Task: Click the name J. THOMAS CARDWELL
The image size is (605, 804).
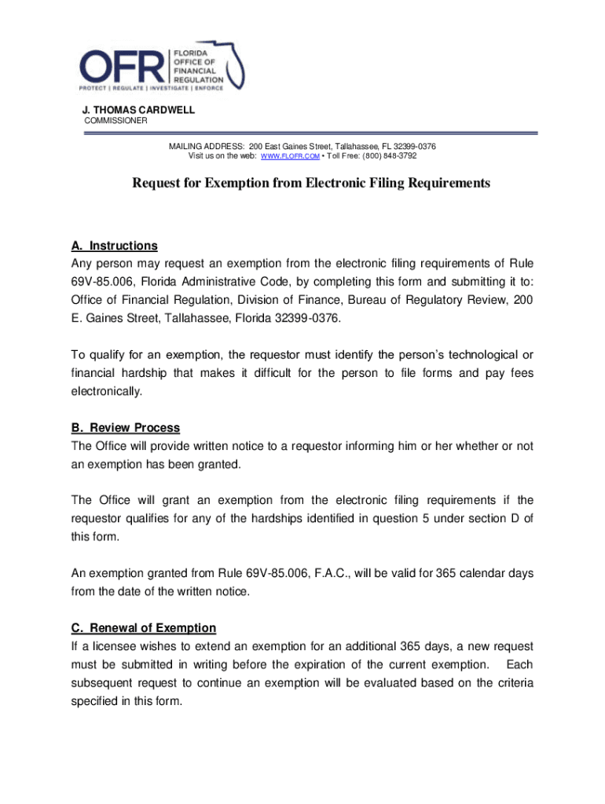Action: click(139, 111)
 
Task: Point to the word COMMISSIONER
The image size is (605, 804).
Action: click(115, 122)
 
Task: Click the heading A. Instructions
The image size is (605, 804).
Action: click(114, 245)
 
